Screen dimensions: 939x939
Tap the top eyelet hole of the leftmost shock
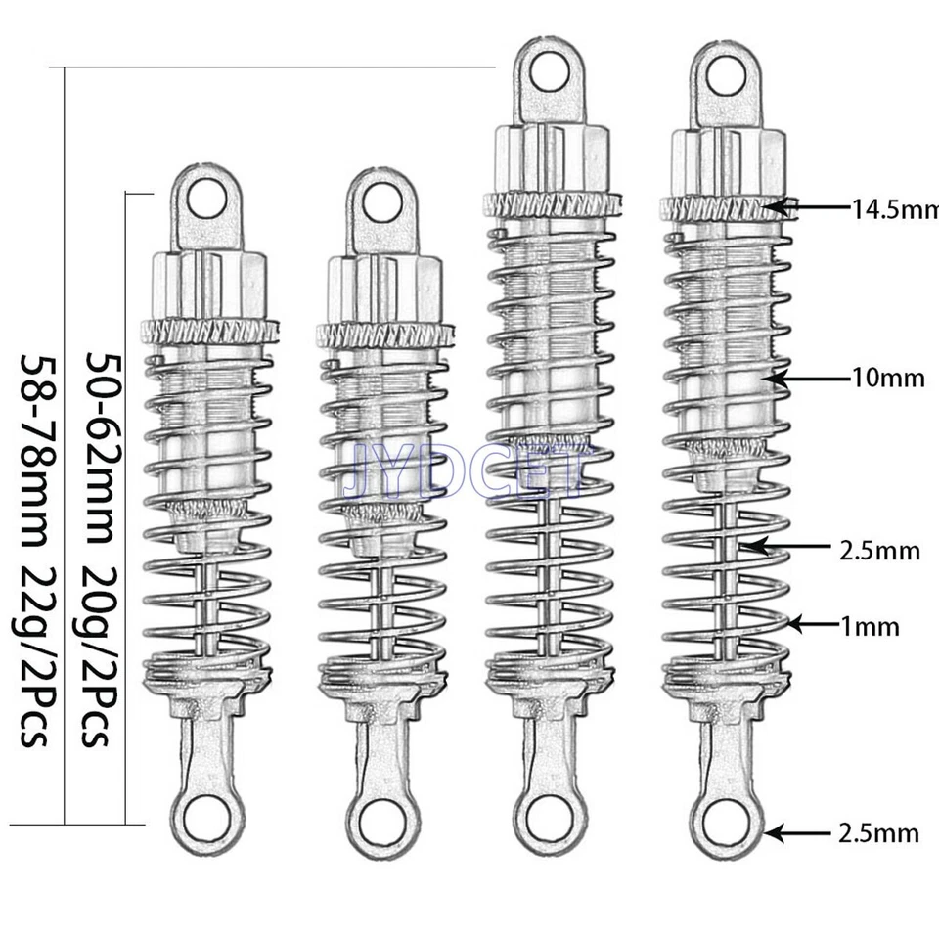[206, 200]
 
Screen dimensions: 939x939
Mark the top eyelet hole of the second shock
[381, 202]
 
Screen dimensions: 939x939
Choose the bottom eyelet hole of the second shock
[382, 817]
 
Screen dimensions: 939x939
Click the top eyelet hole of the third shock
[552, 71]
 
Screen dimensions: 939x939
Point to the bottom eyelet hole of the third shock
[551, 817]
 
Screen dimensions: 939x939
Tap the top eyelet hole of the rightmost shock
[725, 75]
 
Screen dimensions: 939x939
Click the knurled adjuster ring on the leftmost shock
[209, 331]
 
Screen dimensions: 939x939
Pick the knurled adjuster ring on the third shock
[553, 203]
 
